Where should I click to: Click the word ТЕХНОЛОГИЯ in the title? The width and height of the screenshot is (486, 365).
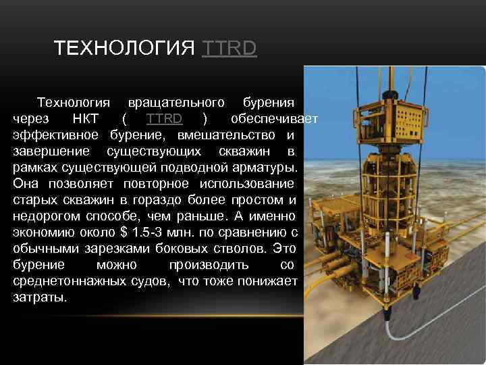(125, 49)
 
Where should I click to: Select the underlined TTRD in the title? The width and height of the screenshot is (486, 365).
(229, 49)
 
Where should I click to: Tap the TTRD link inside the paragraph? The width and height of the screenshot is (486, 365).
(164, 119)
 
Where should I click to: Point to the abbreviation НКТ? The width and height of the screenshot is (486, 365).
(86, 119)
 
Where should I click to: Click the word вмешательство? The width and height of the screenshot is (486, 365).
(221, 135)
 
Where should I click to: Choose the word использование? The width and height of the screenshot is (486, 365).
(250, 183)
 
